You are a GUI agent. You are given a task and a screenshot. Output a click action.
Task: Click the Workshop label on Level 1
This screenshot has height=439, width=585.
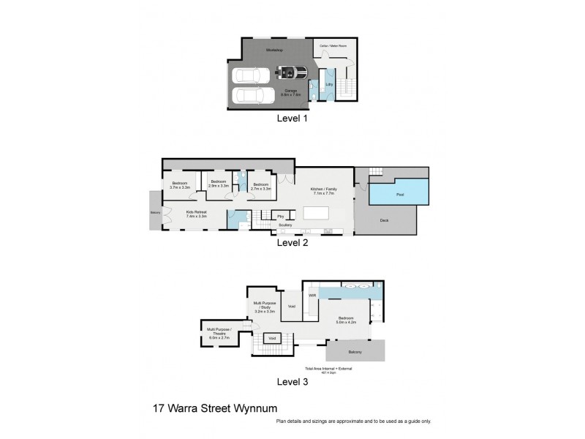coord(275,50)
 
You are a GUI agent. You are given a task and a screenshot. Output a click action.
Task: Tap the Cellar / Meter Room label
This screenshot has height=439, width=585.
coord(333,45)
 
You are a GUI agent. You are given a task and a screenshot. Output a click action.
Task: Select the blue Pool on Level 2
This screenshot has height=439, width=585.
coord(399,195)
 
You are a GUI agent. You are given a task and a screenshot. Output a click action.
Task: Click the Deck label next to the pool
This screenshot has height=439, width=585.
coord(384,220)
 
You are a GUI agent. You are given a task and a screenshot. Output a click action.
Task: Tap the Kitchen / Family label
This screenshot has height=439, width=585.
coord(324,191)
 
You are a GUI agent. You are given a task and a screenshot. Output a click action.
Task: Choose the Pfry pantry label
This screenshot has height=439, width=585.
coord(280,216)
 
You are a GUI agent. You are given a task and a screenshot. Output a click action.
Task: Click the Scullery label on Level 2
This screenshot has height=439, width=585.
coord(284,225)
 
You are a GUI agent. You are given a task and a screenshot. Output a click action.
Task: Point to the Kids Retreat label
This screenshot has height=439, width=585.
coord(196,214)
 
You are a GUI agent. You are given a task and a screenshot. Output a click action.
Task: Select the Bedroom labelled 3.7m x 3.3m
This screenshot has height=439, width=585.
coord(180,186)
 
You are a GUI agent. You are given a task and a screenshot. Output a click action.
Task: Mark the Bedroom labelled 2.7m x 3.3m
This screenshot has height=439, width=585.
coord(260,186)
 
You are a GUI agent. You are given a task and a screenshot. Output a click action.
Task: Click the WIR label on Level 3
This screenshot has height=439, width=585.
coord(312,295)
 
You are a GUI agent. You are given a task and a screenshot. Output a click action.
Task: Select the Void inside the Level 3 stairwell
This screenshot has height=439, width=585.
coord(272,338)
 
